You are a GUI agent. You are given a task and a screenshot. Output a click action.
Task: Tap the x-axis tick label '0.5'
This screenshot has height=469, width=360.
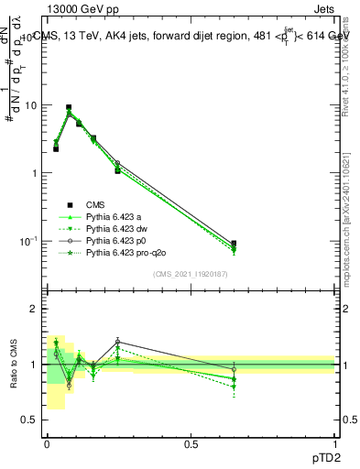point(191,443)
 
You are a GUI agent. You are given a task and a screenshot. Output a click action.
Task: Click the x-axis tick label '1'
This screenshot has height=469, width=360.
point(335,443)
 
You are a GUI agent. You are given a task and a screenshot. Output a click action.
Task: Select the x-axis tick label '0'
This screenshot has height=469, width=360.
point(47,443)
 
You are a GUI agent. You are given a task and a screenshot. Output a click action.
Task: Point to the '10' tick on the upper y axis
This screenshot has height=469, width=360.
point(30,105)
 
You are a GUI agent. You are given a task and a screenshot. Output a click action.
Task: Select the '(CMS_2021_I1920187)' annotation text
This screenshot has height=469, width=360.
point(191,273)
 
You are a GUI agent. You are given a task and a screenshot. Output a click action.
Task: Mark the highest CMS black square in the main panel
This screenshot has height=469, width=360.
point(69,107)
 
